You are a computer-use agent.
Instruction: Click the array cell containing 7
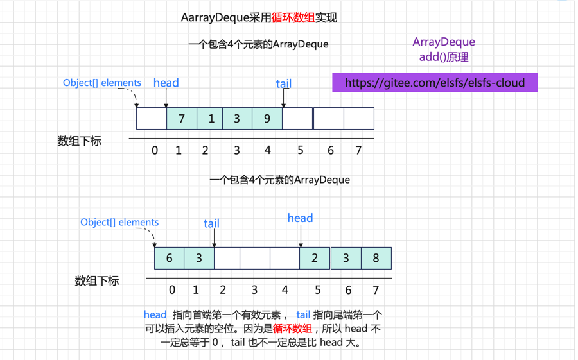click(x=182, y=119)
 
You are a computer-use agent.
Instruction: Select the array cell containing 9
click(x=267, y=119)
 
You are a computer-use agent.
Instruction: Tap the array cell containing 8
click(x=376, y=258)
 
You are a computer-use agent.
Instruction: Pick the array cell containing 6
click(x=170, y=258)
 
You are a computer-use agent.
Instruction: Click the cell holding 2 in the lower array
click(x=315, y=258)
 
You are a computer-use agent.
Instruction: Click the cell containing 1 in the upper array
click(x=211, y=119)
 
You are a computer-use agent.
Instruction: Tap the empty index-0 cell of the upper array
click(x=152, y=119)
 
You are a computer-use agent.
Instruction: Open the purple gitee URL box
click(x=435, y=83)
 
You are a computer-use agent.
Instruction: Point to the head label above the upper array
click(x=166, y=83)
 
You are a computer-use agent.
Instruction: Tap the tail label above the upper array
click(x=283, y=84)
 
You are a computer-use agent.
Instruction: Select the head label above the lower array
click(x=300, y=218)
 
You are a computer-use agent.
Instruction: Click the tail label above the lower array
click(x=211, y=223)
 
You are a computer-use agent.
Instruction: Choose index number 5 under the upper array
click(x=300, y=151)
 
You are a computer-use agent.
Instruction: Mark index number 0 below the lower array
click(x=172, y=290)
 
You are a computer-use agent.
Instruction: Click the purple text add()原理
click(x=444, y=57)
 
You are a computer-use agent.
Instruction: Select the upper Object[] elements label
click(x=102, y=83)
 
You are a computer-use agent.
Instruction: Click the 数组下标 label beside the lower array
click(x=97, y=281)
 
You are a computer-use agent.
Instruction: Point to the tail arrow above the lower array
click(x=214, y=238)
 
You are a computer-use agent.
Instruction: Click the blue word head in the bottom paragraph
click(x=155, y=314)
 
